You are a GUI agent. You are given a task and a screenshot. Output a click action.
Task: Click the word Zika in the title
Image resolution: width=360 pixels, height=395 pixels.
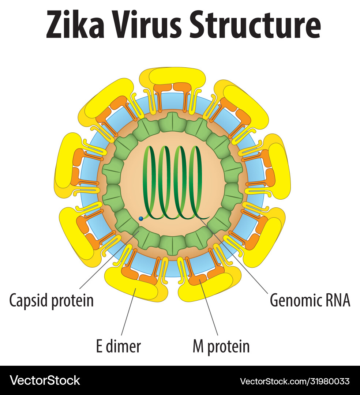coord(74,25)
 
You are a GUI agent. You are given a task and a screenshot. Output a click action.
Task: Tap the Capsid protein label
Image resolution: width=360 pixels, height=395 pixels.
coord(52,300)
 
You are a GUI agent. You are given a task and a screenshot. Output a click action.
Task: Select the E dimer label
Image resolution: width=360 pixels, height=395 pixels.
coord(118,346)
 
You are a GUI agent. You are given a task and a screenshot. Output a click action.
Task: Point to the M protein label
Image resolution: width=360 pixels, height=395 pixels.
coord(221,346)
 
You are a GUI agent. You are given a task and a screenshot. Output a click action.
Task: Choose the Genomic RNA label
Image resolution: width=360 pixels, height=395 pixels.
coord(310,300)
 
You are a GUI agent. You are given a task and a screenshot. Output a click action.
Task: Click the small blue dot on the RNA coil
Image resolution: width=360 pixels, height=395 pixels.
coord(141,218)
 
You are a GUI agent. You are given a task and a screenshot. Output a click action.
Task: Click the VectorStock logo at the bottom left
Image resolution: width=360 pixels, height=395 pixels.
coord(45,380)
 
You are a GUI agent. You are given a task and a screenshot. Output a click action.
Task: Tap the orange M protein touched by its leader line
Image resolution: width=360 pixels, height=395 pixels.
coord(198,280)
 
